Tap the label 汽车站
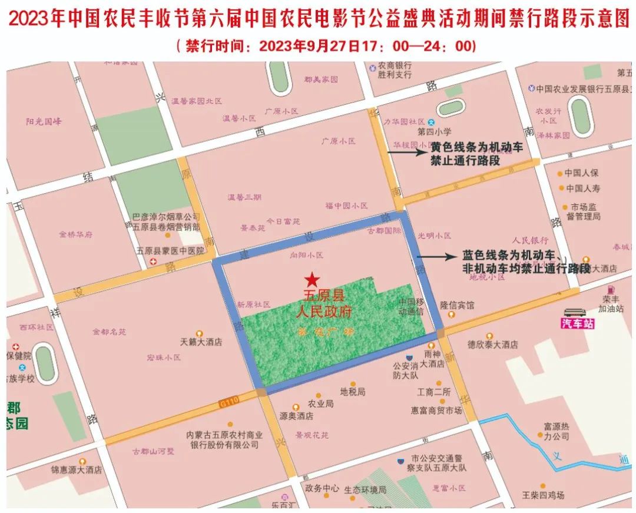578,323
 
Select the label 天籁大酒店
201,342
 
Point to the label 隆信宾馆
457,306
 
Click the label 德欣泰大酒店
492,345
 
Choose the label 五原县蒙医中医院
170,250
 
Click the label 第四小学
434,131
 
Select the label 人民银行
531,240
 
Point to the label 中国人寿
582,188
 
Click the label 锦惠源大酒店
76,470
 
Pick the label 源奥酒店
296,416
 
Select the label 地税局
353,391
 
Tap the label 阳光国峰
44,122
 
